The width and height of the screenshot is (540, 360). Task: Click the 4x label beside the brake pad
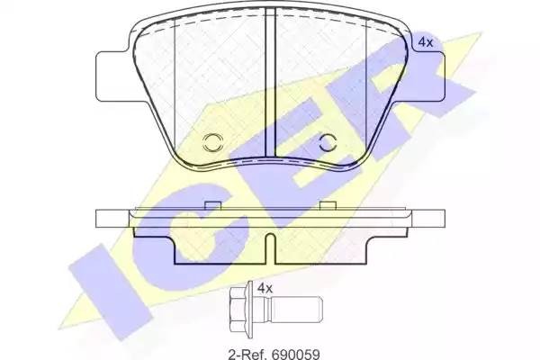point(425,42)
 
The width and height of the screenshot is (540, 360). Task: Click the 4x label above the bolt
point(265,288)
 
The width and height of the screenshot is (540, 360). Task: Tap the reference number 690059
point(295,354)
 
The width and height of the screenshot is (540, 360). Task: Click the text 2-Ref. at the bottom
point(247,354)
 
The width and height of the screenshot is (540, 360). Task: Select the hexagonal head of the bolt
point(238,309)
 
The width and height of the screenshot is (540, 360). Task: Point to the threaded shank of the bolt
point(296,309)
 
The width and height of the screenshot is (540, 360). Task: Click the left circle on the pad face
point(213,142)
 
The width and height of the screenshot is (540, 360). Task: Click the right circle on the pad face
point(328,142)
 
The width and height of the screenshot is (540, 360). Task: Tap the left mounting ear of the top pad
point(112,76)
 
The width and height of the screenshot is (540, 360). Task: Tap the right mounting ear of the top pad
point(427,76)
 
